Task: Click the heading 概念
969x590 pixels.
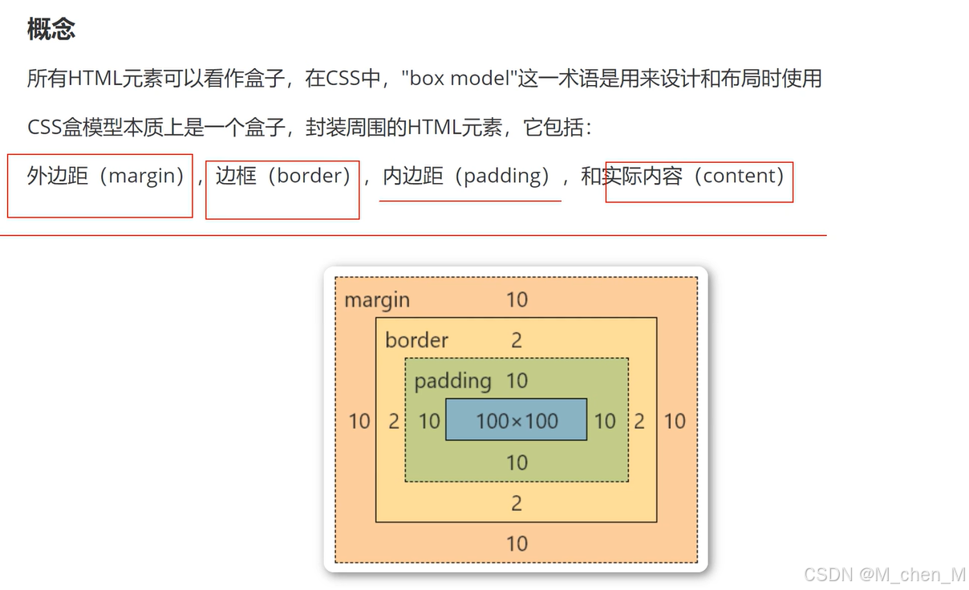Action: coord(51,30)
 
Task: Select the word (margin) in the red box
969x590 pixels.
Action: coord(147,176)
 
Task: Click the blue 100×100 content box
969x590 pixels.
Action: coord(517,420)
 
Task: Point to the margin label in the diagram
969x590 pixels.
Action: coord(377,300)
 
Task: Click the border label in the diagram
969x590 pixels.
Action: coord(416,340)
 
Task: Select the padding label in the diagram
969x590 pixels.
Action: coord(452,380)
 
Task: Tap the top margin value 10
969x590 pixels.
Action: coord(517,300)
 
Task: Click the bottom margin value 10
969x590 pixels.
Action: coord(517,543)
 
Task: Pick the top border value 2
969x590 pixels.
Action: coord(517,340)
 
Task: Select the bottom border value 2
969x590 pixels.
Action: coord(517,503)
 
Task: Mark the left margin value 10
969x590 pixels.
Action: coord(359,421)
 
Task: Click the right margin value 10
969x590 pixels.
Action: coord(675,421)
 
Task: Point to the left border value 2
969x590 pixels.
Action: coord(394,421)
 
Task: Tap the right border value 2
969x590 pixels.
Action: coord(639,421)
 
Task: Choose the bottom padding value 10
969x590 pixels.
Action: coord(517,462)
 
